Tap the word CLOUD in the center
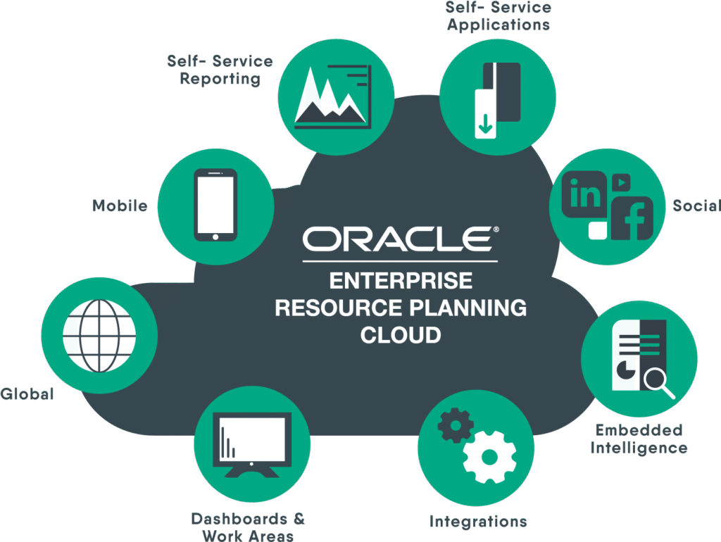[401, 334]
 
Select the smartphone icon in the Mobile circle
[215, 205]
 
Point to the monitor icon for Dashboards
[252, 443]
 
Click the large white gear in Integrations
[489, 456]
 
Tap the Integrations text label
[479, 522]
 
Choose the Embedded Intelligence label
[639, 439]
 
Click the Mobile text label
[120, 206]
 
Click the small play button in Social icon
[620, 181]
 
